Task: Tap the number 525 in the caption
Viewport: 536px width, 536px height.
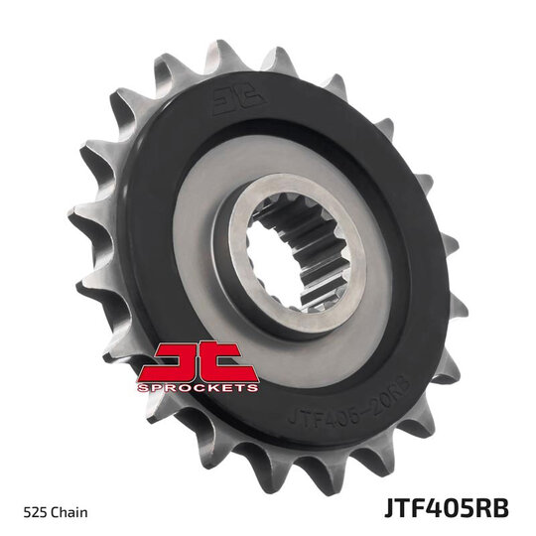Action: (x=35, y=512)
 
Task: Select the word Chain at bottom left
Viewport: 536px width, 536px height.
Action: (x=69, y=512)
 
